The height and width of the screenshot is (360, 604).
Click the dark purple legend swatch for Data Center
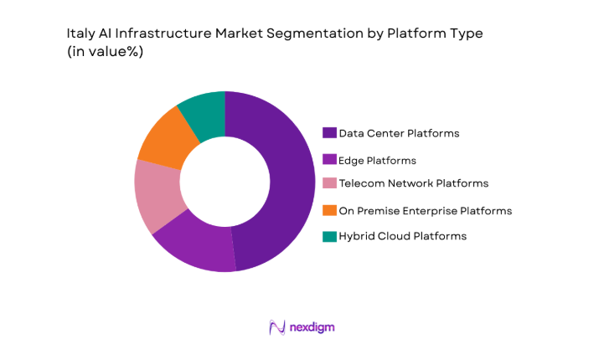pyautogui.click(x=329, y=133)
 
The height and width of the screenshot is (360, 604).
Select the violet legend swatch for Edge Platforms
pyautogui.click(x=329, y=159)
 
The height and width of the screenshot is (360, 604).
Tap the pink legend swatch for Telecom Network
pyautogui.click(x=329, y=183)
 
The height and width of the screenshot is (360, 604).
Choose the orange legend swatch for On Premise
pyautogui.click(x=329, y=210)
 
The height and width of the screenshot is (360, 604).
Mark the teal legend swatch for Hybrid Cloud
pyautogui.click(x=329, y=236)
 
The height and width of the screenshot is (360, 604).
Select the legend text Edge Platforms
pyautogui.click(x=377, y=159)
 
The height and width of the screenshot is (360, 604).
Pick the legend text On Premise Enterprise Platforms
pyautogui.click(x=425, y=210)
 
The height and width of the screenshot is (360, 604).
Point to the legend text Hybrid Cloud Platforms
pyautogui.click(x=402, y=236)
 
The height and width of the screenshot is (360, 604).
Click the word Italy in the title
pyautogui.click(x=80, y=34)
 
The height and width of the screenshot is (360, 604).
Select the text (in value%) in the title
pyautogui.click(x=105, y=52)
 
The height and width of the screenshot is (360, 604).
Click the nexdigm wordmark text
pyautogui.click(x=312, y=327)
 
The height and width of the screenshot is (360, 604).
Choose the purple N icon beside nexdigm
pyautogui.click(x=276, y=327)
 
